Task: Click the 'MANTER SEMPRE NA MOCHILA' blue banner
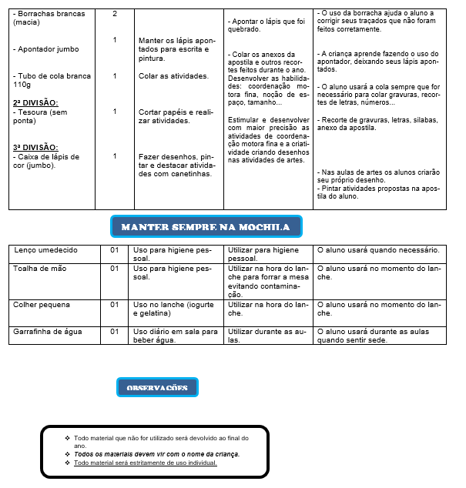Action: click(206, 227)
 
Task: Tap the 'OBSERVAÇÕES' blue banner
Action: click(157, 388)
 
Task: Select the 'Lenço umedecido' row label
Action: click(45, 250)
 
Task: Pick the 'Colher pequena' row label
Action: click(42, 304)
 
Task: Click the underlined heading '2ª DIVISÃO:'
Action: click(35, 102)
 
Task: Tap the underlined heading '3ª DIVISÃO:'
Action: click(35, 147)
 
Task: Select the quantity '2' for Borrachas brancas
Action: click(115, 14)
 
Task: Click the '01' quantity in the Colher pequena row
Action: click(114, 304)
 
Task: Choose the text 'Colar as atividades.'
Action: click(174, 76)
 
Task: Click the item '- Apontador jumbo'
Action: click(46, 49)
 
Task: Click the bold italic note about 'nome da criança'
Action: click(156, 454)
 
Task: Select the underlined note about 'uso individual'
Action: click(146, 463)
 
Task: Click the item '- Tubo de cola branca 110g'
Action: click(51, 80)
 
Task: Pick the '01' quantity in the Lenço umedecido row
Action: click(114, 250)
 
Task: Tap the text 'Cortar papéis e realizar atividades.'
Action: click(176, 116)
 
